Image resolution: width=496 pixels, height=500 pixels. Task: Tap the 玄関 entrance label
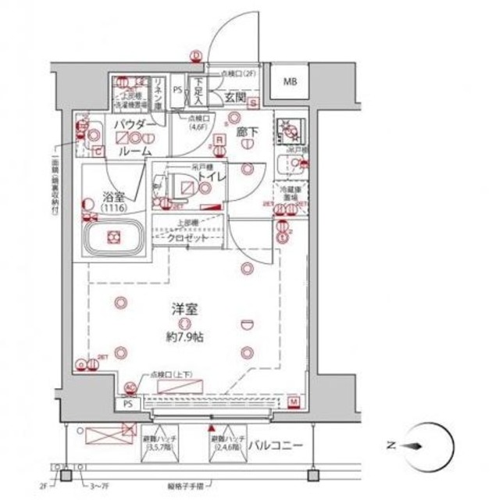point(237,98)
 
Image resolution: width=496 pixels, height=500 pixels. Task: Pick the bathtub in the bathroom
point(114,237)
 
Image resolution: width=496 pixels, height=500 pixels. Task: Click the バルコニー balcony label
point(277,446)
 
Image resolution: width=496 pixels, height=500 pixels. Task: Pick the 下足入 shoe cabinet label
point(200,93)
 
